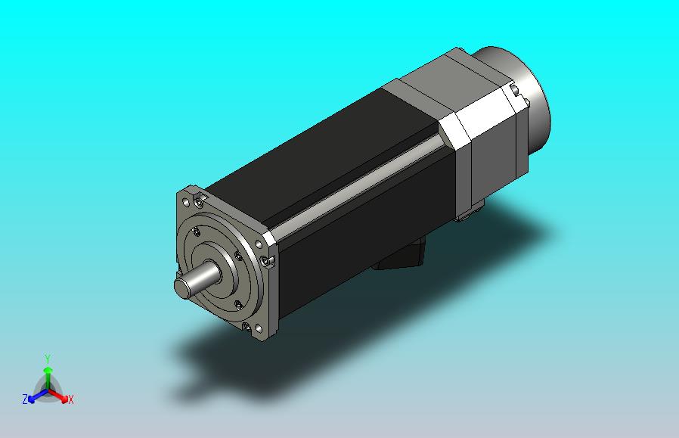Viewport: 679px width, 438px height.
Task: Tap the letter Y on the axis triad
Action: [48, 359]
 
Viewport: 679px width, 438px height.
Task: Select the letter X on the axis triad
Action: [70, 399]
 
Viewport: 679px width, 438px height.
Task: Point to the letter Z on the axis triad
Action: [25, 399]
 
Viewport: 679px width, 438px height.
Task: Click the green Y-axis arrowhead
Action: [48, 370]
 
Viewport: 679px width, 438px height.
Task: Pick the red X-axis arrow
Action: [58, 395]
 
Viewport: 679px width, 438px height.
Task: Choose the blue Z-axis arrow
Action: [38, 396]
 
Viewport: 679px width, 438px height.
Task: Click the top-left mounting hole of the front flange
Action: [186, 202]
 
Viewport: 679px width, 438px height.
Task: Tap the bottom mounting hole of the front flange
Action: [259, 329]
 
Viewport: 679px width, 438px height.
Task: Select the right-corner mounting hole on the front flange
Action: [259, 245]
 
